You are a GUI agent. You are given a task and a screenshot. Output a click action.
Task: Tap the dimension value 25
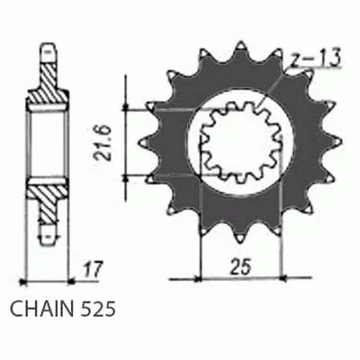pos(239,266)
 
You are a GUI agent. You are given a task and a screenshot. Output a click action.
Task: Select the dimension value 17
pos(93,269)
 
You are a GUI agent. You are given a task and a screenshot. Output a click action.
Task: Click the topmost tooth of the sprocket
pos(240,48)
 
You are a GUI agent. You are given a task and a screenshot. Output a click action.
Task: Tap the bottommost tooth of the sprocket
pos(239,237)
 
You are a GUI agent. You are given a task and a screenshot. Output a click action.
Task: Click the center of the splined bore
pos(240,142)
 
